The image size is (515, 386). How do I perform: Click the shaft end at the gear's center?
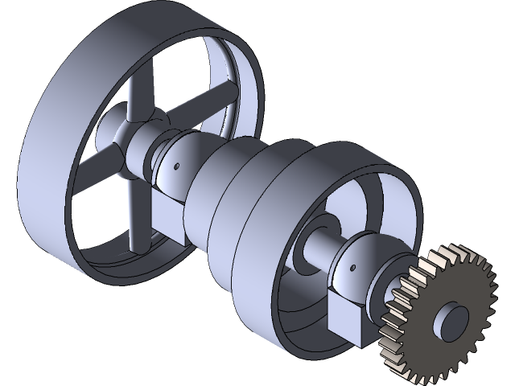click(451, 320)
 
